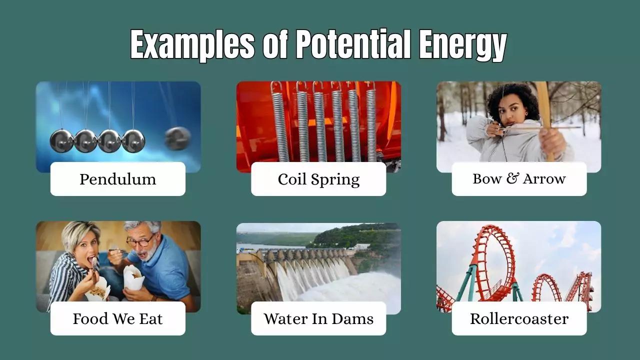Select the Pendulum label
coord(117,179)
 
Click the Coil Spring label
coord(318,179)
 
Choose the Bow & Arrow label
coord(519,179)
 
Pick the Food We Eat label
coord(117,318)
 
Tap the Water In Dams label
coord(318,318)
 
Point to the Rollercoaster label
coord(519,318)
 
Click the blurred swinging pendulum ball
coord(177,138)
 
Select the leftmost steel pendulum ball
coord(61,141)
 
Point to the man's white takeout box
coord(133,277)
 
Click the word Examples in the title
coord(192,44)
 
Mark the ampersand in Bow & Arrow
coord(511,179)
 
